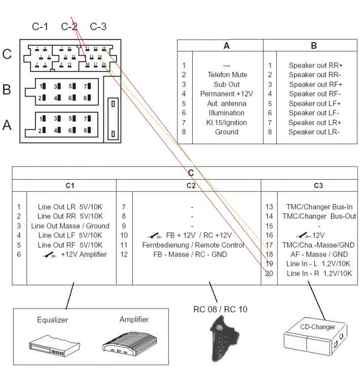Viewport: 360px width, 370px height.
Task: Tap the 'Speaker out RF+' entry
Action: coord(315,84)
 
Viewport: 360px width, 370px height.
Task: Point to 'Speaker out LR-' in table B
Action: coord(314,132)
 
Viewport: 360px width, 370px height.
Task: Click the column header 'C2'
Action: coord(190,186)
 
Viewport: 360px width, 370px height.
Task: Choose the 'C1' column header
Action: coord(69,186)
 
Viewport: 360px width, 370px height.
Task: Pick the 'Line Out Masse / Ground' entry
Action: coord(70,226)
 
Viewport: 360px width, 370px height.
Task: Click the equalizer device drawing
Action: coord(52,345)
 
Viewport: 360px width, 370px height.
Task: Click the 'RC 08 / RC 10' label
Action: coord(221,309)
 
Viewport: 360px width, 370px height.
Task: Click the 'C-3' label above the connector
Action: coord(98,26)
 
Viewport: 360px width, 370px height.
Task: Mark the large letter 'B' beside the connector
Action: coord(7,90)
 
